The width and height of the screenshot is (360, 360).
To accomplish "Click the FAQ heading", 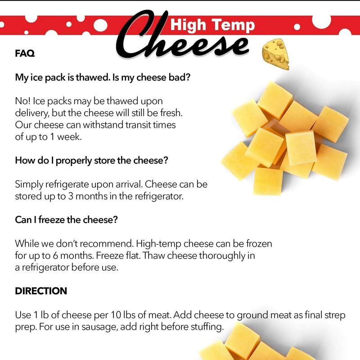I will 25,53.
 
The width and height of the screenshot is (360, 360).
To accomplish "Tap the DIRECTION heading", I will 41,291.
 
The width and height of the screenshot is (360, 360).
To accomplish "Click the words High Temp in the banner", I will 212,25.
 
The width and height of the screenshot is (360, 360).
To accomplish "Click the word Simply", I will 30,184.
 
